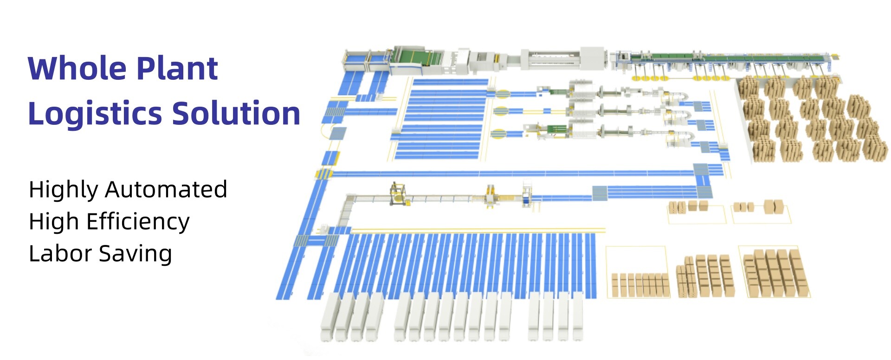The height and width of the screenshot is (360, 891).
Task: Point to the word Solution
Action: coord(237,113)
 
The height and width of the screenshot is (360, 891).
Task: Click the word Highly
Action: coord(64,190)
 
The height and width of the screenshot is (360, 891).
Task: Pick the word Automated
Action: coord(166,189)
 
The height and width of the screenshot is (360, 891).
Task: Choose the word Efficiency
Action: coord(138,222)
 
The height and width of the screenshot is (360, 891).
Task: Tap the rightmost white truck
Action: coord(577,316)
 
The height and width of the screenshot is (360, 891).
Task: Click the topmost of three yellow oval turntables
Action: coord(502,94)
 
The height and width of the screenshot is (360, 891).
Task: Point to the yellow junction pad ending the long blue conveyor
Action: coord(324,174)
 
